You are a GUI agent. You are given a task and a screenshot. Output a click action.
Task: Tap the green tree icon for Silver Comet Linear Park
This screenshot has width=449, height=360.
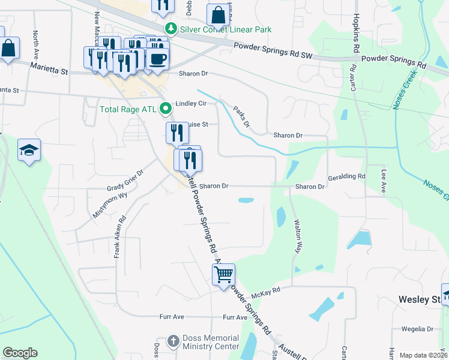[x=171, y=29]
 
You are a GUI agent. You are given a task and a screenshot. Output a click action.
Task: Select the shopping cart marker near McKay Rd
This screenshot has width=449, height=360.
[x=223, y=275]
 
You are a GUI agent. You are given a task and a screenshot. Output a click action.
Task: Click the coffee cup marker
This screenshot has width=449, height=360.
[x=158, y=59]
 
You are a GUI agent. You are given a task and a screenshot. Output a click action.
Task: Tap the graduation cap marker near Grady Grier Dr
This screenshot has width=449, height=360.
[x=29, y=151]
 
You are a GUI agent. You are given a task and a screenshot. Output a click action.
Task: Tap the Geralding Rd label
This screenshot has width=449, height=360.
[x=346, y=177]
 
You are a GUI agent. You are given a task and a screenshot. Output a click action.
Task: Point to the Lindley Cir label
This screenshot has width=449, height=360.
[x=190, y=103]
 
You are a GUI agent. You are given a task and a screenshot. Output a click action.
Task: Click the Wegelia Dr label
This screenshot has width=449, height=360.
[x=418, y=329]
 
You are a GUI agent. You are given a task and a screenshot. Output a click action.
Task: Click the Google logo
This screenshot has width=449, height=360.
[x=20, y=353]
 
